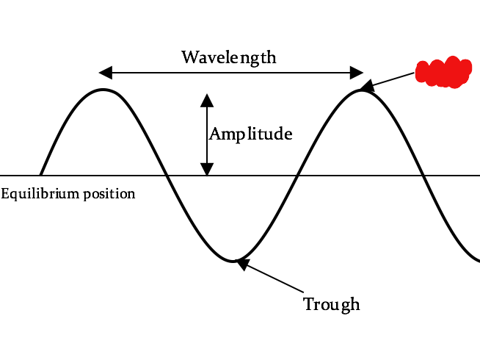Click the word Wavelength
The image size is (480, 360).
coord(229,57)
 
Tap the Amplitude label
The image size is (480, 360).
coord(251,134)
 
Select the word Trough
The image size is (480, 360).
coord(332,303)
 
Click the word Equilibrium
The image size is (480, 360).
coord(37,194)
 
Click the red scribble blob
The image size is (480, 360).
coord(443,72)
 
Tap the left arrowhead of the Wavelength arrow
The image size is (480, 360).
coord(105,72)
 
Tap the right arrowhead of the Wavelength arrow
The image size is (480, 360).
coord(357,72)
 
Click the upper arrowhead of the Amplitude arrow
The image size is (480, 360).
coord(208,99)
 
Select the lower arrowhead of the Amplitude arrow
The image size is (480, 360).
coord(208,169)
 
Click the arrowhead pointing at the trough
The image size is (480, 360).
coord(243,264)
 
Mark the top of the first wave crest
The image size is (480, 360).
coord(104,90)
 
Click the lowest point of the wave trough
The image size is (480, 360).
coord(233,261)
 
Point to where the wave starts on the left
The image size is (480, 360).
coord(40,175)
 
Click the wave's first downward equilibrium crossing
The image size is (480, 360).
coord(168,176)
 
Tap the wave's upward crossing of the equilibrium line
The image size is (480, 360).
coord(297,176)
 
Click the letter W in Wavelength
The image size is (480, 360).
coord(189,57)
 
